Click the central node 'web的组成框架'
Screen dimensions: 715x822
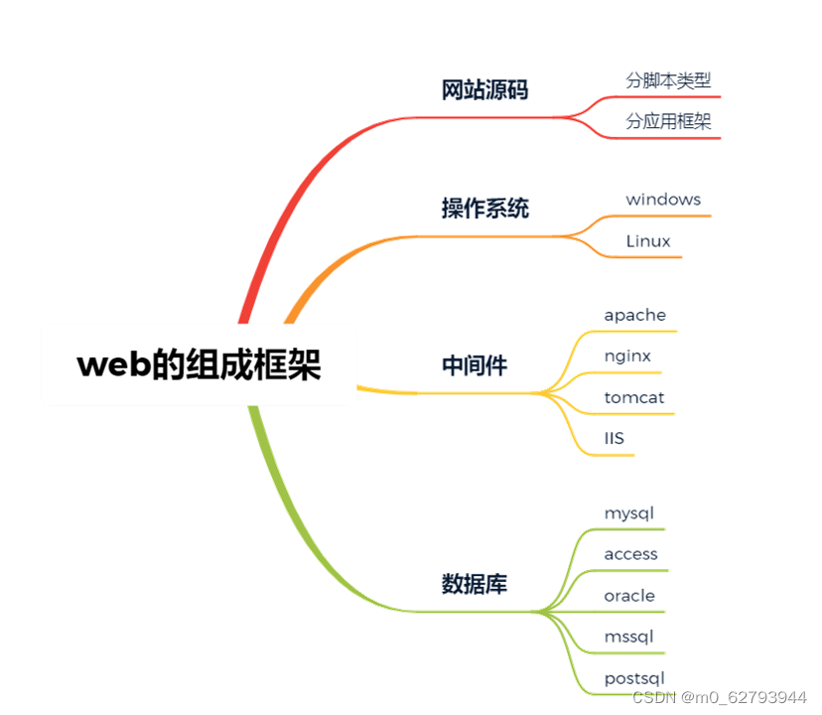pos(200,365)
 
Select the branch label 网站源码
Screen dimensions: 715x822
pos(484,90)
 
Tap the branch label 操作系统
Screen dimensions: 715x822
pos(484,209)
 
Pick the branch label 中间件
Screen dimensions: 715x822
pos(474,366)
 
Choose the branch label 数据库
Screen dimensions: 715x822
pos(474,584)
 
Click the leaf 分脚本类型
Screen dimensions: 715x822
pos(668,80)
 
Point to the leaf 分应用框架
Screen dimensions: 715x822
pos(668,121)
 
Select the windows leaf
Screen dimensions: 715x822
pos(663,200)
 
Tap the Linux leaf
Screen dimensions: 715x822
pos(648,241)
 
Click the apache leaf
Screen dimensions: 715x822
pos(635,315)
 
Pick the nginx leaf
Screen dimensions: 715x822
pos(627,356)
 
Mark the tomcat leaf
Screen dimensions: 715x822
pos(634,397)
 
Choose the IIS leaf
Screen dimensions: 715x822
pos(614,438)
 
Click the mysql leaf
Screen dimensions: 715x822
pos(629,513)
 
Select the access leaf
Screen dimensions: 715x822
pos(631,554)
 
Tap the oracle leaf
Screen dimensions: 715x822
pos(629,596)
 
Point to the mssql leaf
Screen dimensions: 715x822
pos(629,637)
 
